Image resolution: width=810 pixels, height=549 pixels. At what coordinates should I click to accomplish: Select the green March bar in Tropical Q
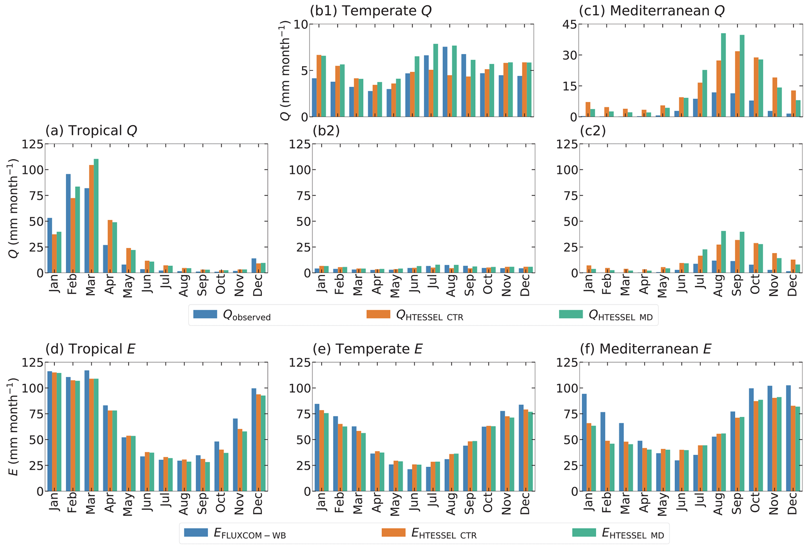point(96,215)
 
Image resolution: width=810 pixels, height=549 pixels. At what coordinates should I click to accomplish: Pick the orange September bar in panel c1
point(738,84)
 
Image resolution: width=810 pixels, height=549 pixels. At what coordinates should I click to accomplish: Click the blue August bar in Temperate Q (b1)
point(445,82)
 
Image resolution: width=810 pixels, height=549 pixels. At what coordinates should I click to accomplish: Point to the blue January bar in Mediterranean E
point(584,442)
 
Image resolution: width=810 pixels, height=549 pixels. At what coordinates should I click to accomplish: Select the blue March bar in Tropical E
point(87,431)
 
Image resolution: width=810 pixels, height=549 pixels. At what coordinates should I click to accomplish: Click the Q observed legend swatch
point(205,314)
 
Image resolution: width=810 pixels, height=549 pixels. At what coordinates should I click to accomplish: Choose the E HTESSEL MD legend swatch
point(584,533)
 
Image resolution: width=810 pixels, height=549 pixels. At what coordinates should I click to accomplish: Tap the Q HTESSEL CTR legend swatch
point(378,314)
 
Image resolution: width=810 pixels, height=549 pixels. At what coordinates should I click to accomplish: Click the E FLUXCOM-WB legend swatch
point(196,533)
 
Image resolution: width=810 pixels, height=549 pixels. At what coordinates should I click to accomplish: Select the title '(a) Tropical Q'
point(91,131)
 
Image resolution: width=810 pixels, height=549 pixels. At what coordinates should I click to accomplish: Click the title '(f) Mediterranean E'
point(655,349)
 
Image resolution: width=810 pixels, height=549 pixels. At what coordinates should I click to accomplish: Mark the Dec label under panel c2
point(792,286)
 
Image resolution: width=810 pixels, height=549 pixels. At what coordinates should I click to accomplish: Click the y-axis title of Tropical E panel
point(14,427)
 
